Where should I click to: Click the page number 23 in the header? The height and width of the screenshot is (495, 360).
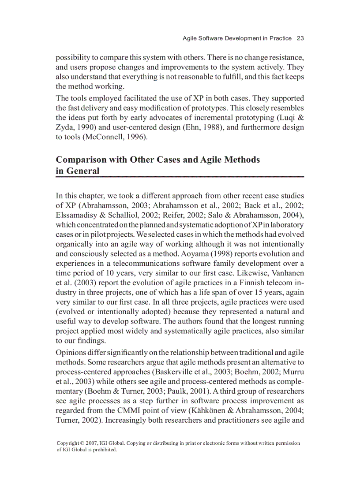tap(300, 38)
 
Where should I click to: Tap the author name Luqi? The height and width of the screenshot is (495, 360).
tap(286, 118)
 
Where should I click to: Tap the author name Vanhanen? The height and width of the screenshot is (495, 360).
tap(286, 273)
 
